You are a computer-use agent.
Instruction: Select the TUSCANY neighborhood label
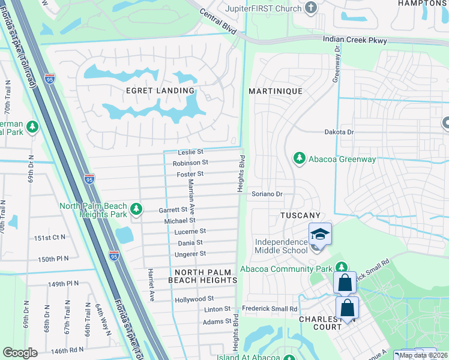pyautogui.click(x=301, y=215)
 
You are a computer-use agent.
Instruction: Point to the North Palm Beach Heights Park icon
pyautogui.click(x=137, y=208)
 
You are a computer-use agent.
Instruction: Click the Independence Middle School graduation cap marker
pyautogui.click(x=320, y=234)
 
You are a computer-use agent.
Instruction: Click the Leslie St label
pyautogui.click(x=191, y=152)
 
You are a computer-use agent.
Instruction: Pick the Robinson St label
pyautogui.click(x=190, y=163)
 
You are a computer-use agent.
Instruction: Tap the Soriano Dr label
pyautogui.click(x=267, y=194)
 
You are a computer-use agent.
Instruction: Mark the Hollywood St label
pyautogui.click(x=194, y=299)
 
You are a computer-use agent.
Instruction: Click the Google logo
pyautogui.click(x=20, y=353)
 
